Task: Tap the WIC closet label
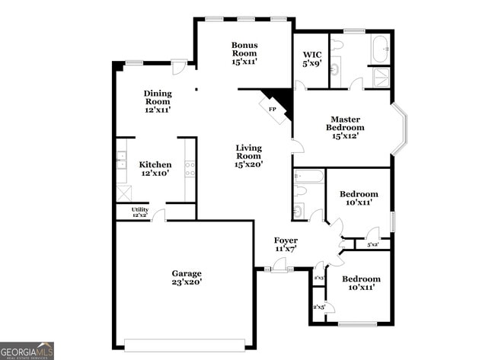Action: (311, 59)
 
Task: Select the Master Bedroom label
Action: (346, 127)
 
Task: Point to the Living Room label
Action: (248, 155)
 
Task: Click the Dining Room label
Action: (158, 101)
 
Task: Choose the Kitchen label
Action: (155, 168)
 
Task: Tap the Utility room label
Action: (139, 212)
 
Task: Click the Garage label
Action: (186, 277)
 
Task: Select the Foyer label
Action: (286, 244)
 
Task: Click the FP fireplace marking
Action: (272, 109)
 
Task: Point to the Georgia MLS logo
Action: (27, 350)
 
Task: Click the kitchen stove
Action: (190, 169)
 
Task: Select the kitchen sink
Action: (122, 160)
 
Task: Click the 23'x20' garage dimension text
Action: (186, 282)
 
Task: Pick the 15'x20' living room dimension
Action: (248, 164)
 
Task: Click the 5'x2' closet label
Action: (373, 245)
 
